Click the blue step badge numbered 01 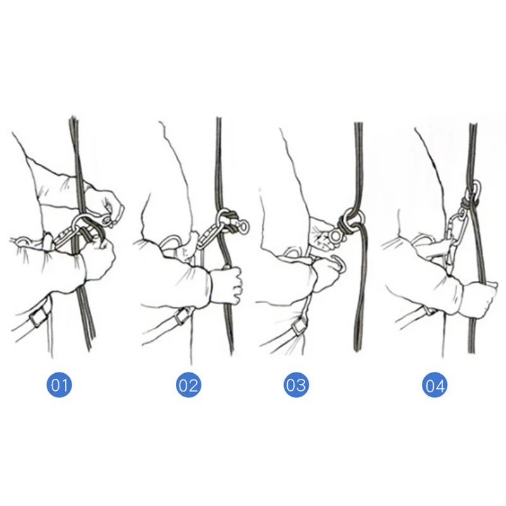(59, 385)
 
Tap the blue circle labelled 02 (188, 385)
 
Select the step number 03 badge (296, 385)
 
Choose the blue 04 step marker (435, 385)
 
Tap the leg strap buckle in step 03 (299, 327)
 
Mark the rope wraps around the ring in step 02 (228, 221)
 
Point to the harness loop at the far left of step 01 (23, 239)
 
